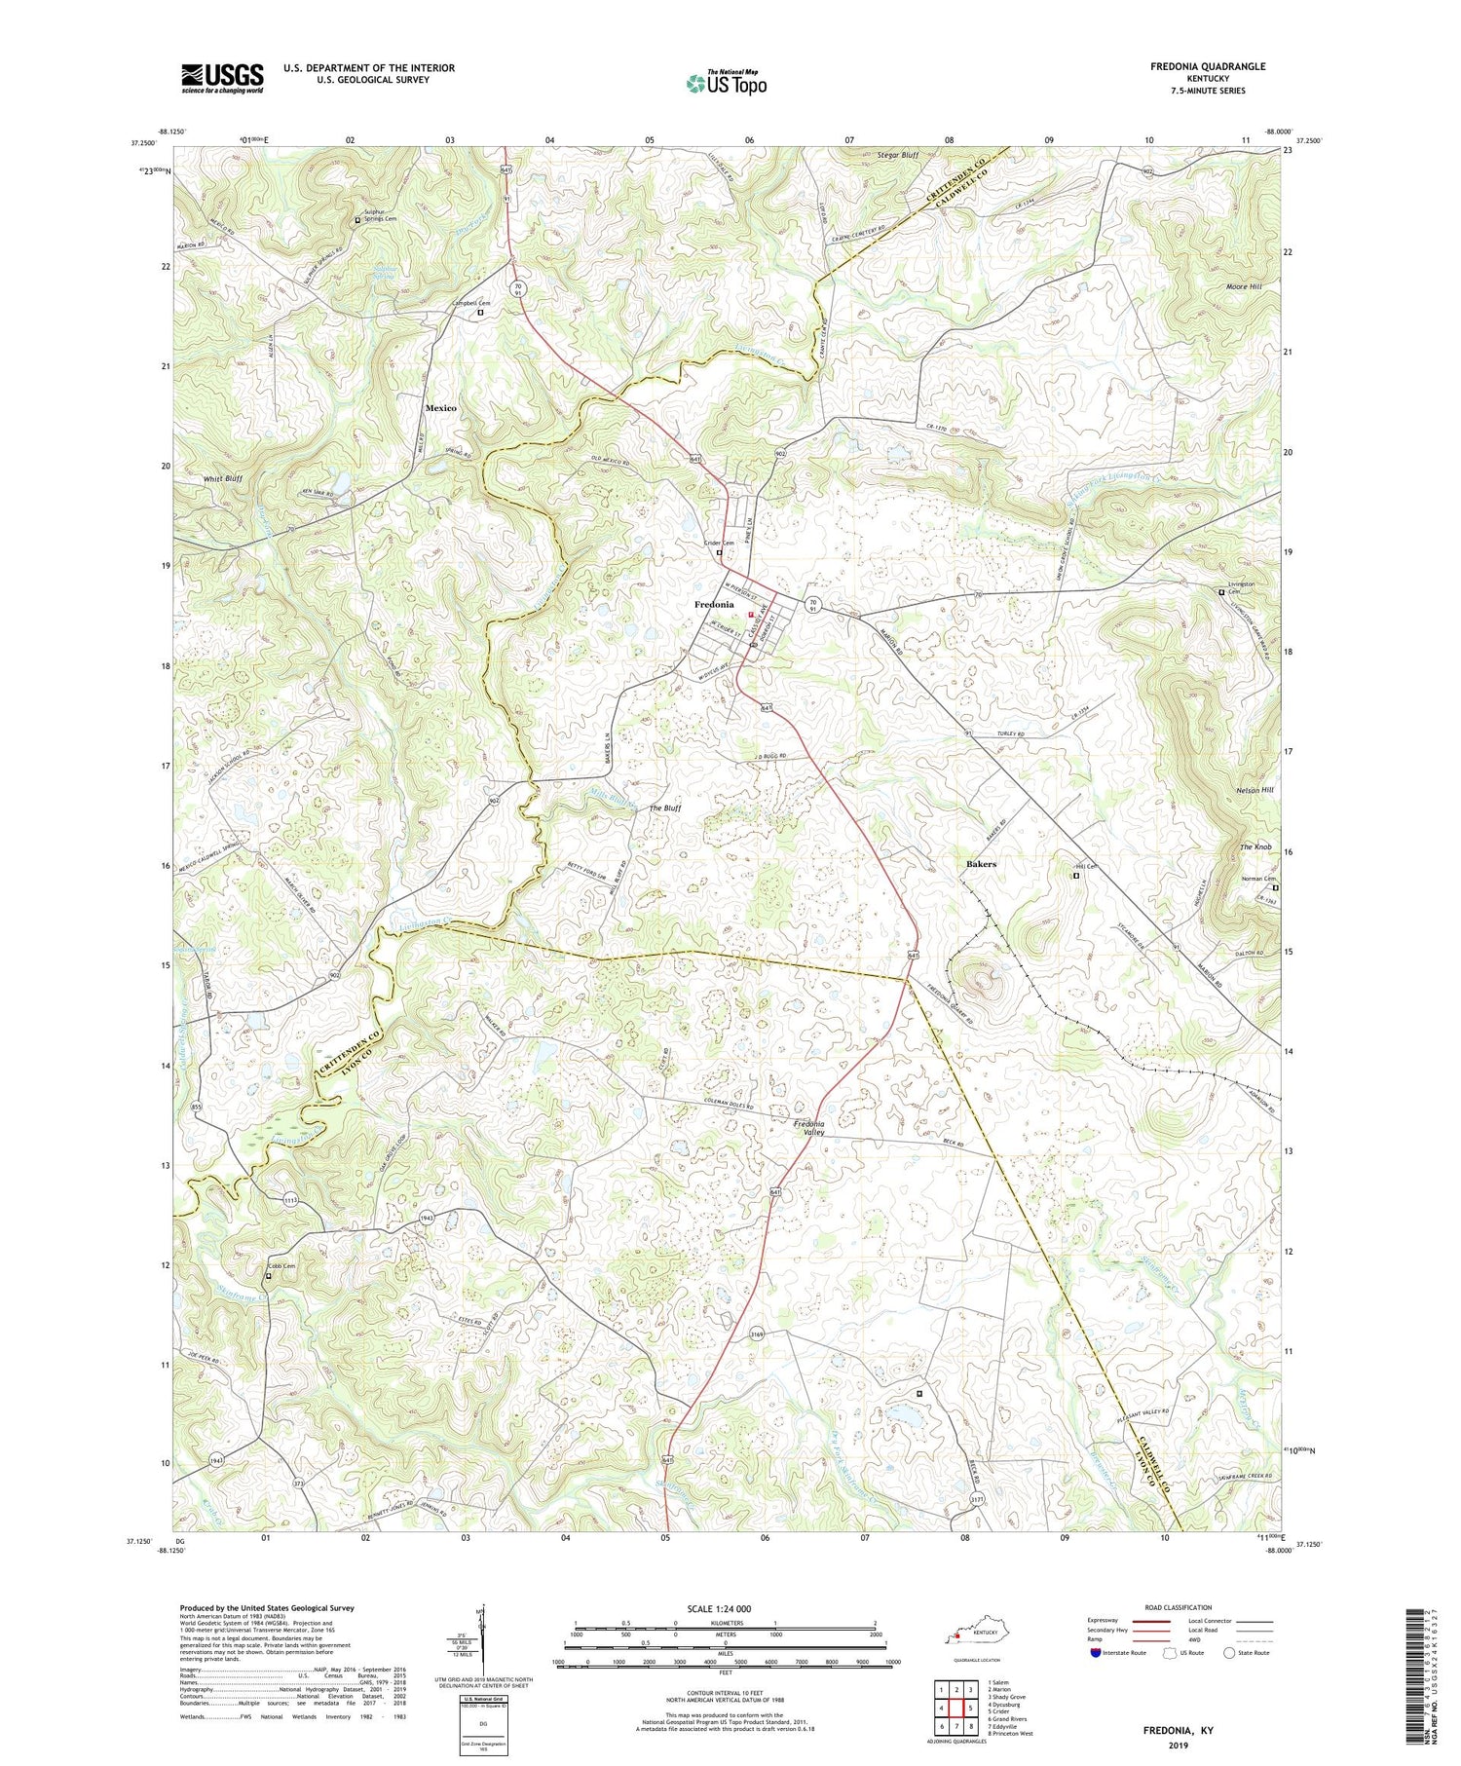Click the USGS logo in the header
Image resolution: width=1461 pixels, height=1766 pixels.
click(222, 78)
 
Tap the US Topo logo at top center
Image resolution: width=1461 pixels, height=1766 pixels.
click(726, 83)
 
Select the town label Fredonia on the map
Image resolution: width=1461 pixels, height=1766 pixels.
click(714, 605)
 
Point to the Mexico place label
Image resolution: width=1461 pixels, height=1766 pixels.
click(440, 408)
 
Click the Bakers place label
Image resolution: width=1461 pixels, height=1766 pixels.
click(981, 864)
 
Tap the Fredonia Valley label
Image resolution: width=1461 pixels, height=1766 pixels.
click(808, 1128)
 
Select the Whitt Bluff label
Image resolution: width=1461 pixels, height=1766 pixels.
click(222, 479)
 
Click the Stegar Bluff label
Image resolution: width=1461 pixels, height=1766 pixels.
click(898, 155)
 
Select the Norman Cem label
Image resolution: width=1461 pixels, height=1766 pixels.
click(1257, 879)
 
